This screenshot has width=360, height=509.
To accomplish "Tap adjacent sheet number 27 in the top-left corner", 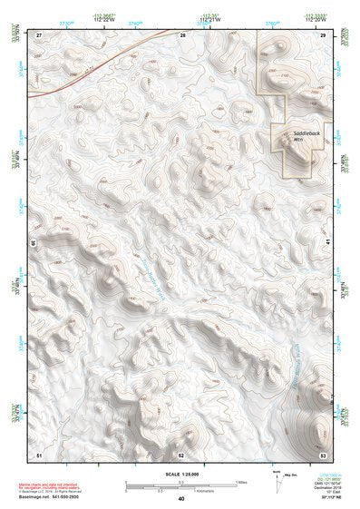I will point(39,34).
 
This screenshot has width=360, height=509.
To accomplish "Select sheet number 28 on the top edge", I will point(181,34).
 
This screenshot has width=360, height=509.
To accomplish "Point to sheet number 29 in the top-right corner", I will point(323,34).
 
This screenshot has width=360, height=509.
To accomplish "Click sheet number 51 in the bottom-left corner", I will point(39,454).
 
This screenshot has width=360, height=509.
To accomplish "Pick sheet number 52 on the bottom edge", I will point(181,454).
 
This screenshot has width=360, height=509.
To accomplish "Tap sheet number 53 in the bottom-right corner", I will point(323,454).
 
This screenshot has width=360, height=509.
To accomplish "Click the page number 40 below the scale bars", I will point(181,498).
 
